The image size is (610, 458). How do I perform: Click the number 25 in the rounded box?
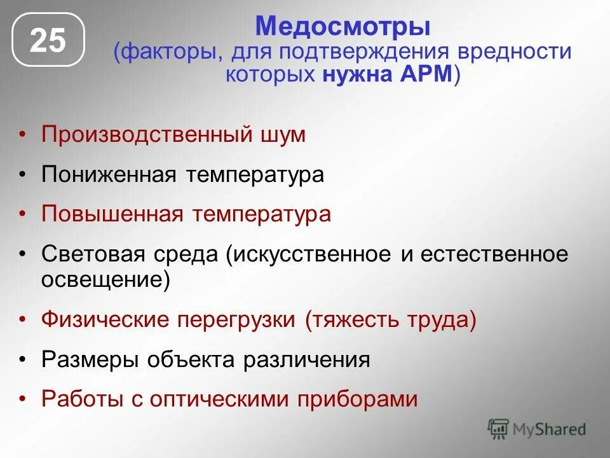click(48, 41)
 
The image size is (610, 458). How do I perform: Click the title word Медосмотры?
click(342, 27)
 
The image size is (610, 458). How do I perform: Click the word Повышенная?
click(111, 214)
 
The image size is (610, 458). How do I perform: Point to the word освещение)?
click(105, 280)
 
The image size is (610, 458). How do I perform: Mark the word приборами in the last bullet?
click(359, 399)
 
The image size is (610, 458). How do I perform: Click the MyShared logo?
click(536, 429)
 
